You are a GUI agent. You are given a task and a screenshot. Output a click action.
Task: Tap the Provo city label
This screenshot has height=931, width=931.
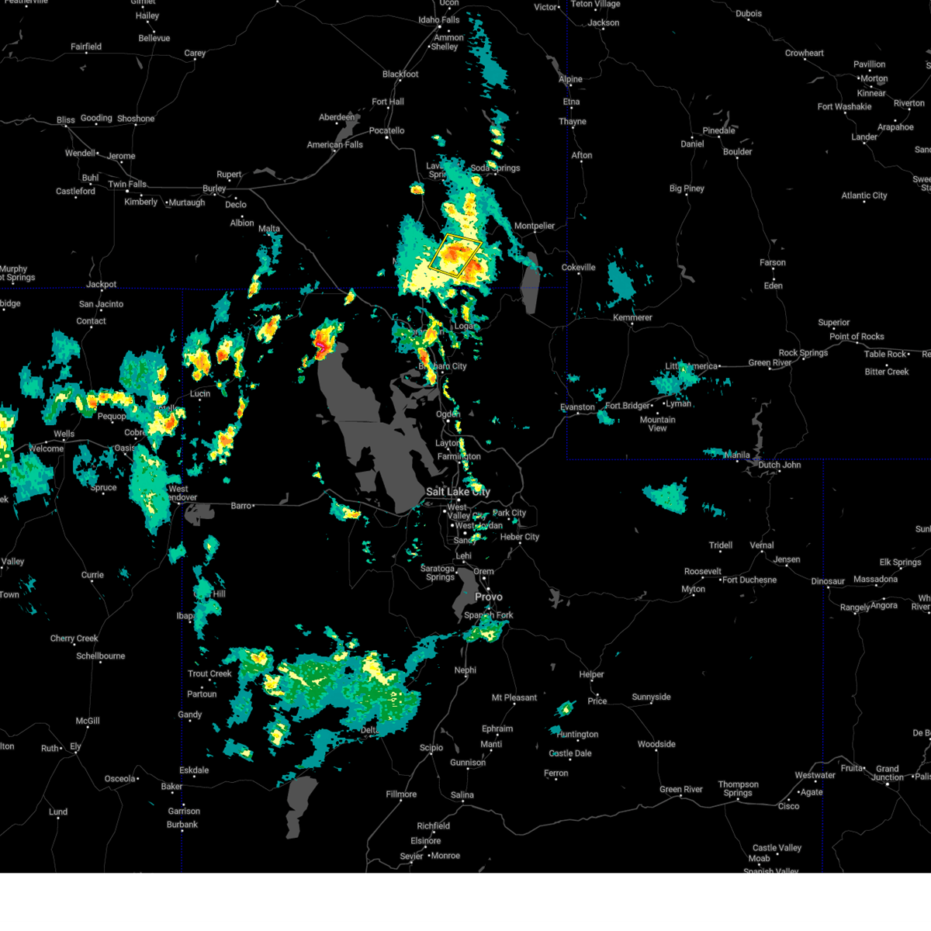[x=489, y=597]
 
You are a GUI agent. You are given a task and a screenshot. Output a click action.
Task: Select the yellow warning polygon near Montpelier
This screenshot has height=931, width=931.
[x=455, y=255]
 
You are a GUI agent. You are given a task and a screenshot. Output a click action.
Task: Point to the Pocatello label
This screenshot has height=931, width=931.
[x=386, y=130]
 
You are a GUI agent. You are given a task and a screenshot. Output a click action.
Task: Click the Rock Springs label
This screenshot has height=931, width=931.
[x=803, y=353]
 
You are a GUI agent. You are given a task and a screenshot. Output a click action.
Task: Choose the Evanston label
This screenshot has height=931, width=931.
[x=577, y=407]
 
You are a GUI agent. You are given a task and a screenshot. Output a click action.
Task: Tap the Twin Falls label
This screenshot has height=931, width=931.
[x=127, y=185]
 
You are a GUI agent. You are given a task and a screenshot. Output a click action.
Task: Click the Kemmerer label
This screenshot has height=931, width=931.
[x=632, y=317]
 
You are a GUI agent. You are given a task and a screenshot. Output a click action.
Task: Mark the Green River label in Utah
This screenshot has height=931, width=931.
[x=681, y=790]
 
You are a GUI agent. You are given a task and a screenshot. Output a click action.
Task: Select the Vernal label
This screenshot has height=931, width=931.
[x=762, y=545]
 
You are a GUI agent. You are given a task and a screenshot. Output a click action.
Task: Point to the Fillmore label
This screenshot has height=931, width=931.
[x=401, y=794]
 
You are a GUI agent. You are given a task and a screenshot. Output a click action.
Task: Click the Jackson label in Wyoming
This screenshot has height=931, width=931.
[x=604, y=22]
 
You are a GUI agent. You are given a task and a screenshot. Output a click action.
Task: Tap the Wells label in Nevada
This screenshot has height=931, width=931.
[x=64, y=434]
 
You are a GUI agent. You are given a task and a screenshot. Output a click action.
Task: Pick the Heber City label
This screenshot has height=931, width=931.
[x=520, y=537]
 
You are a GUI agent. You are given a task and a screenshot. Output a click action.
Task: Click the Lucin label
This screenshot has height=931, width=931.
[x=200, y=393]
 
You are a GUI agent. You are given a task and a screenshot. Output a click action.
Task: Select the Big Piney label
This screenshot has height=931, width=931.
[x=687, y=189]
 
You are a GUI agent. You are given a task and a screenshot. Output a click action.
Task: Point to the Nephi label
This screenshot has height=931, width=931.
[x=465, y=670]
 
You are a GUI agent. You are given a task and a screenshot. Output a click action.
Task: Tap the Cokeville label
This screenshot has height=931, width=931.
[x=579, y=268]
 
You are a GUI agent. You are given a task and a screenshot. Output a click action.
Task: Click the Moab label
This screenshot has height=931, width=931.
[x=759, y=858]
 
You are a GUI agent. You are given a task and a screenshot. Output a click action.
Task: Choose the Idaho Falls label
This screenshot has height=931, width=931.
[x=439, y=20]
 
